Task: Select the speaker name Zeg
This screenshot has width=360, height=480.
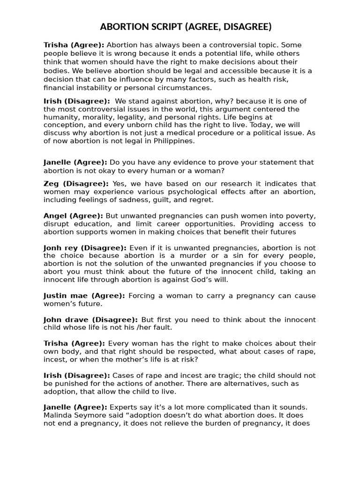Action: (x=52, y=184)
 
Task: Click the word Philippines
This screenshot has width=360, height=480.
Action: (x=172, y=141)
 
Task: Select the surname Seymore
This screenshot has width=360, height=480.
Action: (x=88, y=415)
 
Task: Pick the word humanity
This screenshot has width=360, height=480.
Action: (x=60, y=109)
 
